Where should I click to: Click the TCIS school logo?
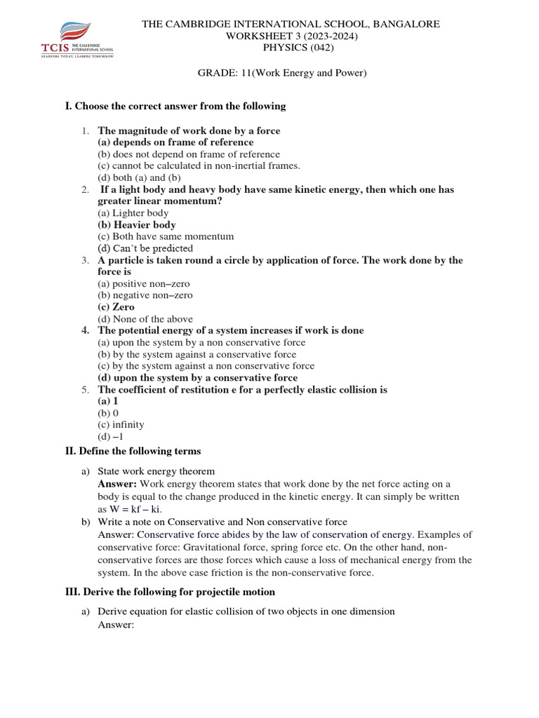(76, 41)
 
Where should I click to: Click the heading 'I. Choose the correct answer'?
(175, 106)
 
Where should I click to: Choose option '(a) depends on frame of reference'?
(175, 142)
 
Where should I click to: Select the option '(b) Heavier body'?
(137, 225)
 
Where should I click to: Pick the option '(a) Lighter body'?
(133, 213)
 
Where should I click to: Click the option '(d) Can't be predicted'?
(145, 248)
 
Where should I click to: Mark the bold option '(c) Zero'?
(116, 307)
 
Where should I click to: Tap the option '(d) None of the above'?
(145, 319)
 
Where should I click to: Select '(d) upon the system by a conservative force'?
(197, 378)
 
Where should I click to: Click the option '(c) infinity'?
(121, 425)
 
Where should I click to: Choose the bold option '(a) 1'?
(107, 402)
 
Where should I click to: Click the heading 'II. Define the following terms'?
(133, 451)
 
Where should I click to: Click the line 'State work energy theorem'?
(156, 472)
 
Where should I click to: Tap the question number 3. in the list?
(84, 261)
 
